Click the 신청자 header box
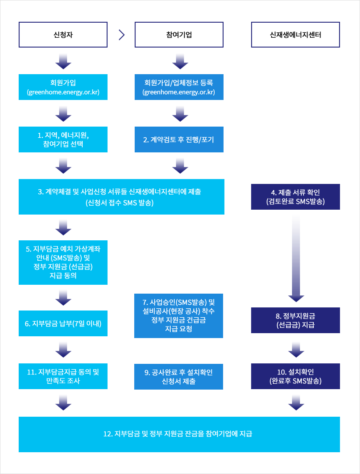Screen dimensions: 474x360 pos(63,35)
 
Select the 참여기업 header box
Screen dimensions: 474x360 pos(179,35)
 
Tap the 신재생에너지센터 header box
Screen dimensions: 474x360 pos(295,35)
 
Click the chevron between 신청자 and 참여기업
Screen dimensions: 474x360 pos(121,35)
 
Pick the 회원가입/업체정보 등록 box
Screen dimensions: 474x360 pos(179,87)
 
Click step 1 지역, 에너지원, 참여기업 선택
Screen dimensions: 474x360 pos(63,139)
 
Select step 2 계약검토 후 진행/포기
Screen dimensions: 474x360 pos(179,139)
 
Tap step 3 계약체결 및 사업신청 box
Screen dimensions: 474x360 pos(121,197)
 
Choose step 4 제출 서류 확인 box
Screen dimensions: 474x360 pos(295,197)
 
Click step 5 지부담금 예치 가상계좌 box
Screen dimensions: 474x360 pos(63,263)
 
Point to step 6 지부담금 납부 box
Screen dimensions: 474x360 pos(63,323)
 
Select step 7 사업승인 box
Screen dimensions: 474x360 pos(179,315)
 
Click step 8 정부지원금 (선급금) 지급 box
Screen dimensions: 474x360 pos(295,320)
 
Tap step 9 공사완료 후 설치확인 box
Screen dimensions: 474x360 pos(179,377)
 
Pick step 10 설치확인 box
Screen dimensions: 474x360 pos(295,376)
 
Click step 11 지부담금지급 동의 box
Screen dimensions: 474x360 pos(63,376)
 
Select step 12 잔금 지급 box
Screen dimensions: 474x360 pos(179,434)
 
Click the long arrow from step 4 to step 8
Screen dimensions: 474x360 pos(296,258)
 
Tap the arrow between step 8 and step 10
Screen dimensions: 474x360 pos(296,349)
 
